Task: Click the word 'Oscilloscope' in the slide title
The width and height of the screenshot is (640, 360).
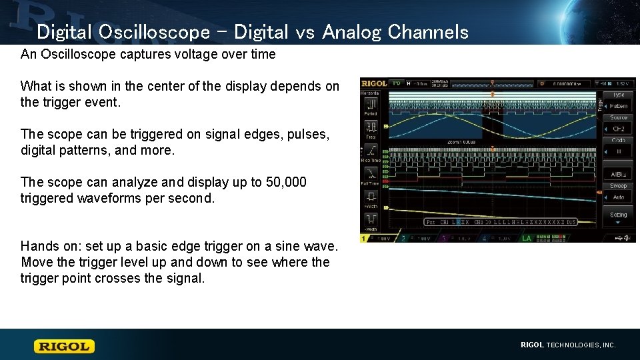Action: (153, 31)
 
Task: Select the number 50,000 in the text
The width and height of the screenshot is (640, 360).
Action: (287, 182)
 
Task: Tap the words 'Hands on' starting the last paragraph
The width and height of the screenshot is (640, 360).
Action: (48, 246)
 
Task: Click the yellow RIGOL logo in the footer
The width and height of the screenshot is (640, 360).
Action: (65, 346)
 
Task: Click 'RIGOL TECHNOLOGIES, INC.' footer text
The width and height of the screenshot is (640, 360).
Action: (568, 345)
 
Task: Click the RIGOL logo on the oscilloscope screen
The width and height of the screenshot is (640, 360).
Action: (374, 83)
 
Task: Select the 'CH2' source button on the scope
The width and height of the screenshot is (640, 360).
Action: (618, 129)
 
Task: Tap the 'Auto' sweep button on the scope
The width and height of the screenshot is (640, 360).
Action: (618, 197)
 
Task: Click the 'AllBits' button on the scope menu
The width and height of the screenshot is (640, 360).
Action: (618, 175)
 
